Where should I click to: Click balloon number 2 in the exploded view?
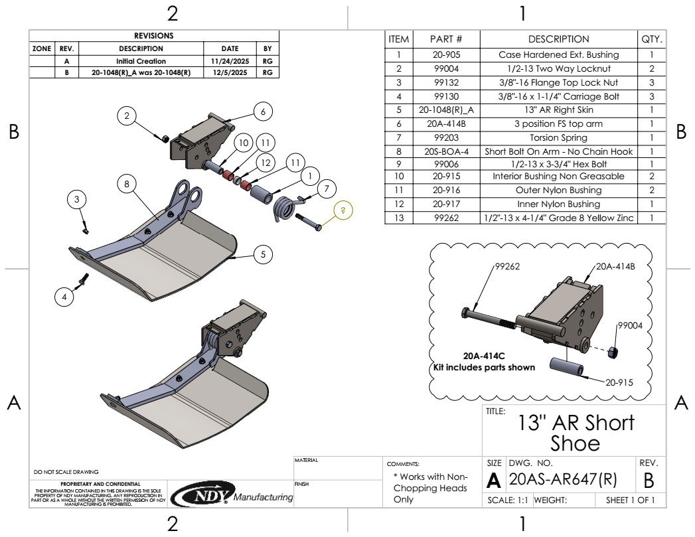coord(127,116)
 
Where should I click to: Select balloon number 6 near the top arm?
coord(263,112)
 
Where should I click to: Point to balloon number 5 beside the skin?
coord(263,254)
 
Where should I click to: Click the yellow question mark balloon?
coord(343,210)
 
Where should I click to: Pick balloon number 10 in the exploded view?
coord(244,143)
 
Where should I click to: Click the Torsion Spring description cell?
coord(558,138)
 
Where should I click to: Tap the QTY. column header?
coord(651,39)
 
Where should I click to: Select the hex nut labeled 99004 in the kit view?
coord(614,350)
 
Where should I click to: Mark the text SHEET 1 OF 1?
coord(625,500)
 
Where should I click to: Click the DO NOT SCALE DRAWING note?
coord(66,472)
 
